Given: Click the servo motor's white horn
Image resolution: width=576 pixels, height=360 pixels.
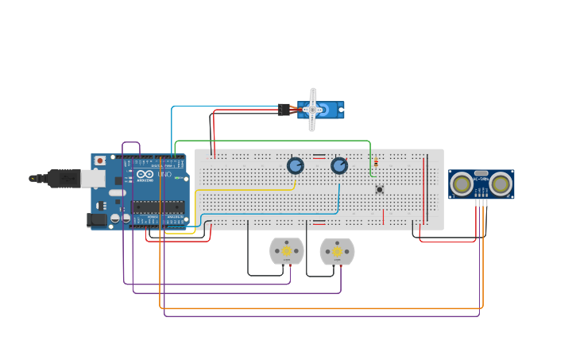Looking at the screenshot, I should pos(312,109).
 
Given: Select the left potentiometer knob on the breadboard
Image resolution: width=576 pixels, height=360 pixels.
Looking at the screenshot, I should pos(295,165).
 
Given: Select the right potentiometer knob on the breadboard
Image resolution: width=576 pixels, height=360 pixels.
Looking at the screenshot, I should pos(339,165).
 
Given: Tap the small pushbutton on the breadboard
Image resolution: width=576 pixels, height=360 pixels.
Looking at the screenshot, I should pos(379,189).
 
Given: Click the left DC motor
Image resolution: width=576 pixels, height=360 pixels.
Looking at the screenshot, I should pos(286,251).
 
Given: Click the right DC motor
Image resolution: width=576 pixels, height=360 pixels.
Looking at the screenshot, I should pos(337,251).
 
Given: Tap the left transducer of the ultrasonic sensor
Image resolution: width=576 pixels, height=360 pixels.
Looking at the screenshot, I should pos(461,184).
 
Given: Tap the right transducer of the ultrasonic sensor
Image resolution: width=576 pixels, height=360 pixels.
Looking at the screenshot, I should pos(500,184).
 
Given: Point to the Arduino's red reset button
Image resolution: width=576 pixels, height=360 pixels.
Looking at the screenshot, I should pos(99,160).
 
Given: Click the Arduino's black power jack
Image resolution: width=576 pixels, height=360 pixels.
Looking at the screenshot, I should pos(97,219).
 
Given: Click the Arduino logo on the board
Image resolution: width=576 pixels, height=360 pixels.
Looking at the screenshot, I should pos(145,174).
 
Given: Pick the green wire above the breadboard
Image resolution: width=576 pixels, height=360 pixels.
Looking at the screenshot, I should pos(270,141).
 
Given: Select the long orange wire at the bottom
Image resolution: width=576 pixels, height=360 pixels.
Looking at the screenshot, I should pos(318,308).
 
